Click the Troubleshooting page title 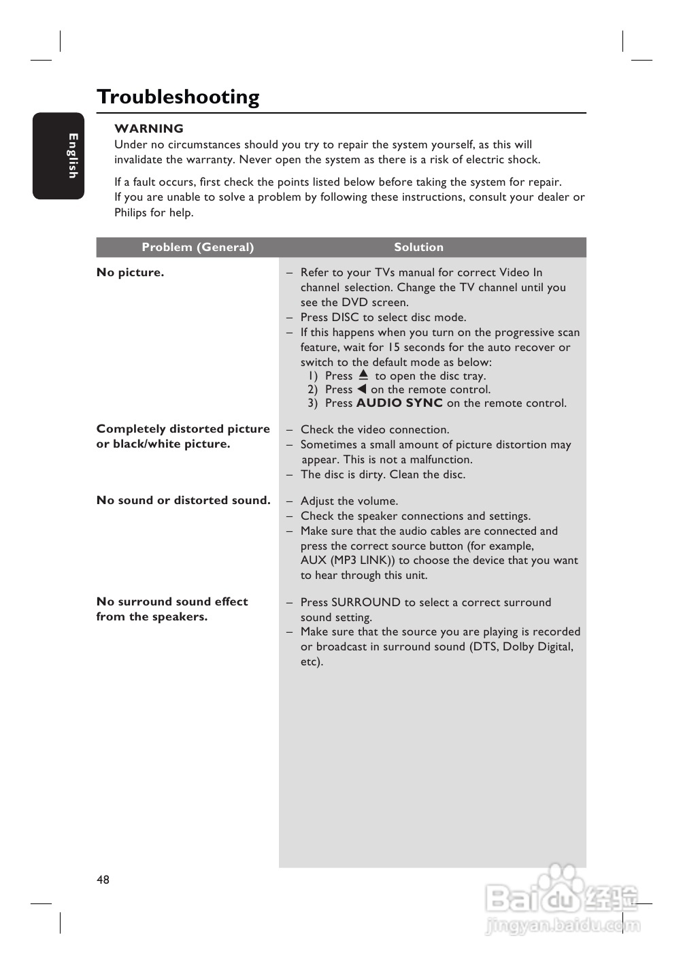[x=178, y=97]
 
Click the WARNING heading [x=149, y=129]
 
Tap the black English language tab [x=59, y=156]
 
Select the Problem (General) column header [x=197, y=248]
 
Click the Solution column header [x=418, y=248]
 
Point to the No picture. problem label [x=130, y=273]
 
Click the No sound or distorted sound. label [x=183, y=501]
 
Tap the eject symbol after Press [x=363, y=375]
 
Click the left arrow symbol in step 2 [x=362, y=389]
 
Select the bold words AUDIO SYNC [x=399, y=403]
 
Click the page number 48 [x=103, y=880]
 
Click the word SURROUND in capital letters [x=365, y=603]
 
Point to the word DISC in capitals [x=345, y=318]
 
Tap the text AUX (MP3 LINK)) [x=348, y=561]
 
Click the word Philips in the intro [x=131, y=213]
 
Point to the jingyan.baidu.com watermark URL [x=563, y=925]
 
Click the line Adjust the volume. [x=349, y=501]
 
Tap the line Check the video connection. [x=375, y=430]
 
